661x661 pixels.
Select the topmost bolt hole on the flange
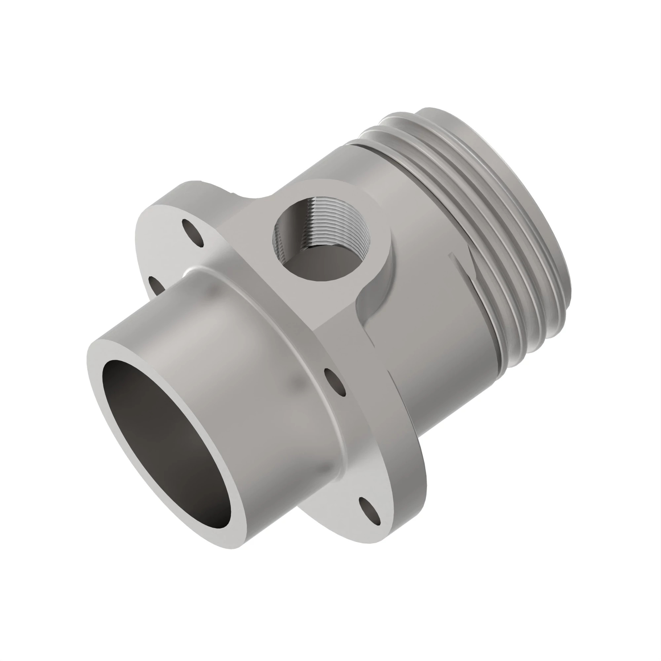[193, 232]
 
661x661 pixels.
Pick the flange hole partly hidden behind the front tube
[156, 285]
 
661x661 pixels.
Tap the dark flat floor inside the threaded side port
[318, 267]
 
